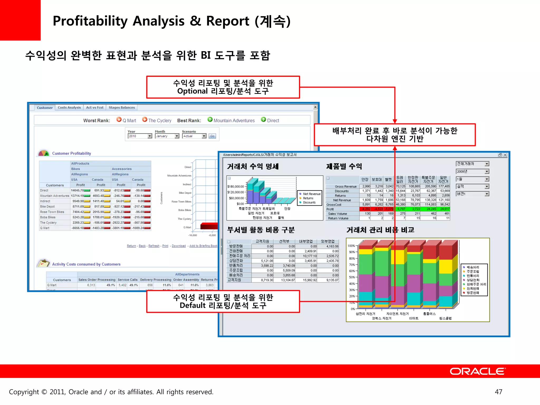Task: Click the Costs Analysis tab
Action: point(69,108)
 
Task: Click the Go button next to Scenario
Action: point(212,136)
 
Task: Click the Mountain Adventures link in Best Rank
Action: point(234,120)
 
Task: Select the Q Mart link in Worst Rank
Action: point(129,120)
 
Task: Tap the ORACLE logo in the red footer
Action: point(478,371)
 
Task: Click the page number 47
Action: point(498,392)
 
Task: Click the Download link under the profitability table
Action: point(179,246)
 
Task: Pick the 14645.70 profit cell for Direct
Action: point(77,190)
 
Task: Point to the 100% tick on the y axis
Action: point(351,246)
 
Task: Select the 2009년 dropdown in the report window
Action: point(472,171)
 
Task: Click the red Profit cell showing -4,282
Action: point(365,209)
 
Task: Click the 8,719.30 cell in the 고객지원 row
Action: point(267,280)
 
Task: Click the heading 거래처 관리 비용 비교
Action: point(380,230)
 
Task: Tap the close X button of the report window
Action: point(505,155)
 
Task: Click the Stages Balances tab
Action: point(122,108)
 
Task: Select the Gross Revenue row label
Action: point(345,186)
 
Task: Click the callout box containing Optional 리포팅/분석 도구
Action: point(223,87)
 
